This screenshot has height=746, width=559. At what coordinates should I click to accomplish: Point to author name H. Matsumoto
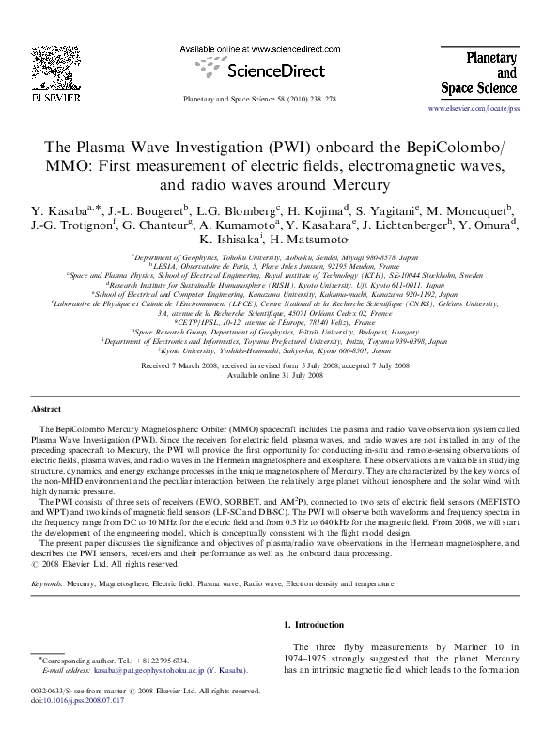tap(302, 241)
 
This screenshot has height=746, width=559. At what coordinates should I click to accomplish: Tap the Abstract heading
tap(47, 411)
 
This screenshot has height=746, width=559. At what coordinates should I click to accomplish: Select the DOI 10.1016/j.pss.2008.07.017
tap(86, 701)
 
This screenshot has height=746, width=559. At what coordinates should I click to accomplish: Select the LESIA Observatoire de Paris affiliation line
tap(279, 266)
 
